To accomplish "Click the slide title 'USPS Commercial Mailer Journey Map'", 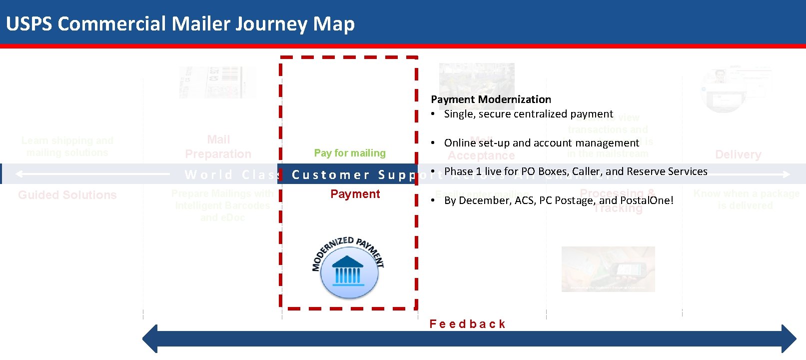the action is pos(180,24).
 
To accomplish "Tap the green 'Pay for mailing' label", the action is pos(350,153).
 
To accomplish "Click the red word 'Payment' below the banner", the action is pos(355,194).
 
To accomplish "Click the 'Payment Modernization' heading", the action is pos(491,99).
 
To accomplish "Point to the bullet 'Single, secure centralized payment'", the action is pos(528,114).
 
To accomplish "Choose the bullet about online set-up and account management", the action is pos(541,143).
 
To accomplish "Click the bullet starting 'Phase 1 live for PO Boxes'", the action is pos(575,171).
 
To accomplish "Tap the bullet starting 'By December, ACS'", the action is pos(558,200).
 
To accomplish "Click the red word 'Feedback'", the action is pos(467,324).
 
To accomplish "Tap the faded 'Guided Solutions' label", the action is pos(67,195).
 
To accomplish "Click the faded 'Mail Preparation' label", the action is pos(218,147).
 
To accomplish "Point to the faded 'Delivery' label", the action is pos(738,154).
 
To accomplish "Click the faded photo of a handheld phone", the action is pos(608,268).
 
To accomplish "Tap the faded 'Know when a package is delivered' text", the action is pos(746,199).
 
